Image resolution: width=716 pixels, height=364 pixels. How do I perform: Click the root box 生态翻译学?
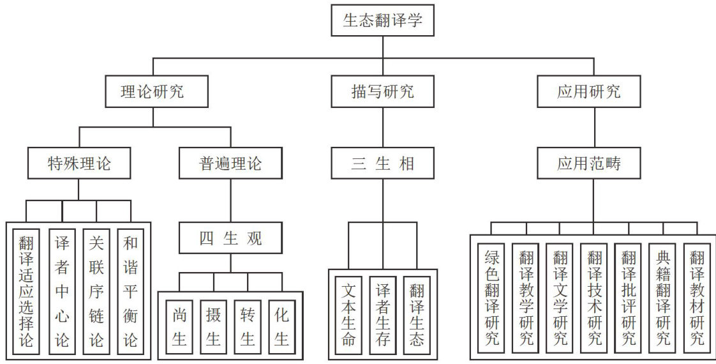[382, 21]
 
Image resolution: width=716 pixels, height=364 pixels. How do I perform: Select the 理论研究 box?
[153, 91]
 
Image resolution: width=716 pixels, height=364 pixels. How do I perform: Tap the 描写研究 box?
[383, 91]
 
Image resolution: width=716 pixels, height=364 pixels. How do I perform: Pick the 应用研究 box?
[588, 91]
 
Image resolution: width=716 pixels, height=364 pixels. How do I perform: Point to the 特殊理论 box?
[79, 163]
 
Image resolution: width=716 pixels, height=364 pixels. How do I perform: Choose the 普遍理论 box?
[230, 163]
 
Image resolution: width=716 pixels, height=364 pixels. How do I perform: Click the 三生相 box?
[383, 163]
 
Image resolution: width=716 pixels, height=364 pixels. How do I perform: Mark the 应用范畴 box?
[588, 163]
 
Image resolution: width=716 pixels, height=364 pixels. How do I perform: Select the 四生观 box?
[230, 239]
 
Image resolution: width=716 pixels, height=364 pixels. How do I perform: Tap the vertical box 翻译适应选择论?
[27, 291]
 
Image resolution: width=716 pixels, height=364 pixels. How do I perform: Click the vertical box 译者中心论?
[61, 291]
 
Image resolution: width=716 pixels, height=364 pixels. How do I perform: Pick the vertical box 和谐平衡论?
[130, 291]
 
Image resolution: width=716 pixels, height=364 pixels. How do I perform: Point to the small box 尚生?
[179, 326]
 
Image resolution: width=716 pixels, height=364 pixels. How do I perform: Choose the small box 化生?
[281, 326]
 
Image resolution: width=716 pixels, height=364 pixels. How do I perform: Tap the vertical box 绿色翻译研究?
[491, 297]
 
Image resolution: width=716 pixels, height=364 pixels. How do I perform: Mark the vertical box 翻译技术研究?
[594, 297]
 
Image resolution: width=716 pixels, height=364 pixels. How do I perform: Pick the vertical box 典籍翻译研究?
[662, 297]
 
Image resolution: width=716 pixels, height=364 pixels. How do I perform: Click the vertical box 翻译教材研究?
[696, 297]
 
